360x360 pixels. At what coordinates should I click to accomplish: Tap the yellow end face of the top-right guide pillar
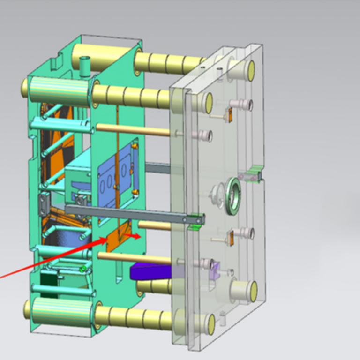[251, 70]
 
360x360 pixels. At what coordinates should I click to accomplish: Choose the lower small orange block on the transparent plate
[230, 238]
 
